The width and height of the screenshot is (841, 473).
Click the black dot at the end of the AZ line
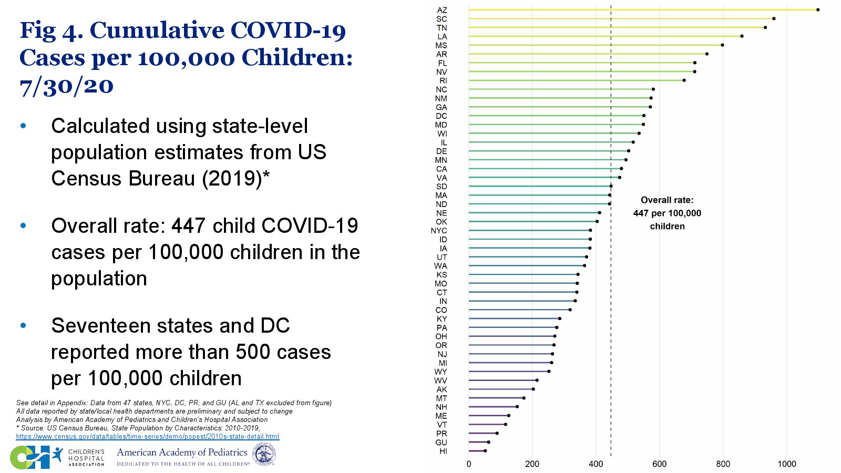(x=818, y=9)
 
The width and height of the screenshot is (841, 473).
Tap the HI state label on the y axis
(x=443, y=451)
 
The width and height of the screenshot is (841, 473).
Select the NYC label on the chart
(x=439, y=231)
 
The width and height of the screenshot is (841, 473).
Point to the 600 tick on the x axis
(x=660, y=464)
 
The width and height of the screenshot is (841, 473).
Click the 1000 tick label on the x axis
(x=787, y=464)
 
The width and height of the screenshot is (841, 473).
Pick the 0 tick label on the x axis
(x=469, y=464)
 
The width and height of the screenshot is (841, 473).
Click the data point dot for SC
(x=774, y=18)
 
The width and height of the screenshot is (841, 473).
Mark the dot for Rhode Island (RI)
(x=684, y=80)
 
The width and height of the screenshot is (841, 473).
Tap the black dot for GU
(x=488, y=442)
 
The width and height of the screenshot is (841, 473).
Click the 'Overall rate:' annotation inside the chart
(x=667, y=200)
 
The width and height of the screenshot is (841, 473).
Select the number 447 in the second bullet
(x=189, y=226)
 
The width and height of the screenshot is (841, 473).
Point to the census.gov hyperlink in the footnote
(x=148, y=437)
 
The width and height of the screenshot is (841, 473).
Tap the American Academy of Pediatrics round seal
(x=264, y=454)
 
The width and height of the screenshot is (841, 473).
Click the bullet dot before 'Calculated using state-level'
(x=23, y=126)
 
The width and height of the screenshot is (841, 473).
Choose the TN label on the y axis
(x=442, y=28)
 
